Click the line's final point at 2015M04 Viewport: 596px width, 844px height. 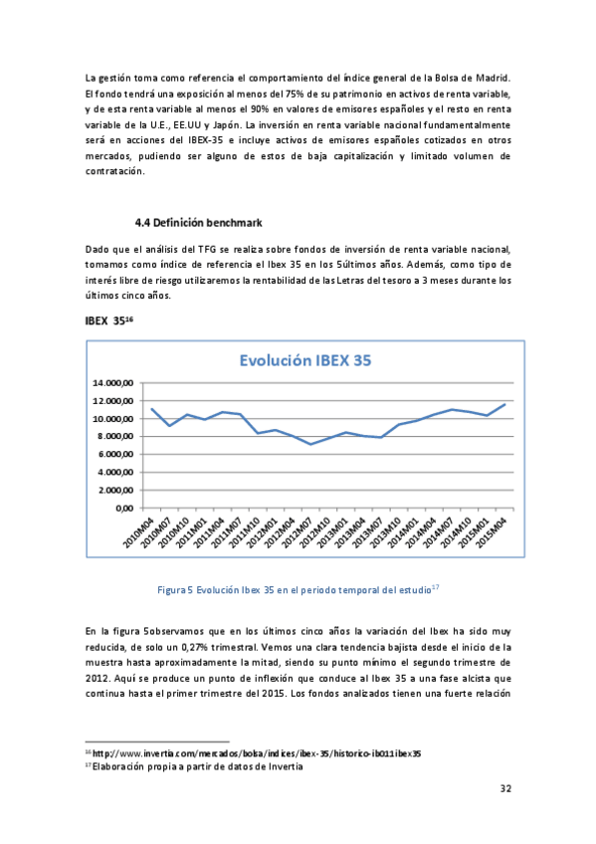(x=505, y=404)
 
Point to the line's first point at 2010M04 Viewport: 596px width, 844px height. (x=150, y=408)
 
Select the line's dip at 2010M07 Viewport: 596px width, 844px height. (x=169, y=426)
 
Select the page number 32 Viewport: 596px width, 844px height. (x=505, y=788)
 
